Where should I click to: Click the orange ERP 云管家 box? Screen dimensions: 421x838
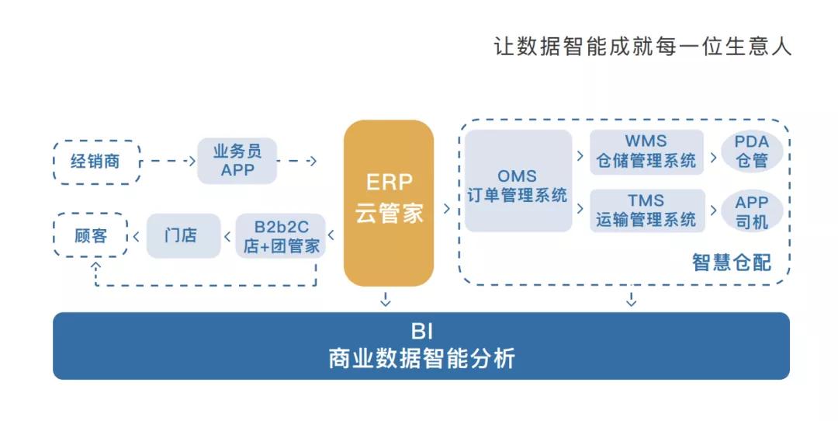click(x=388, y=203)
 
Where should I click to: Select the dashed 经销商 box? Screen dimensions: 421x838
click(x=97, y=162)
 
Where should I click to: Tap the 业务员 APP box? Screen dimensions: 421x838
click(x=237, y=161)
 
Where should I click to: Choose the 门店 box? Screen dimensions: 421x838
click(x=180, y=235)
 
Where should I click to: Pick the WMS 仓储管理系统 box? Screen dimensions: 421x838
click(x=646, y=152)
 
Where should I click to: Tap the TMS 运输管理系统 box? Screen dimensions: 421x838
click(x=646, y=210)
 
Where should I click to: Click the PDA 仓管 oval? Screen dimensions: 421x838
click(x=751, y=151)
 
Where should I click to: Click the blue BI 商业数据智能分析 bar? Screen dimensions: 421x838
click(x=421, y=346)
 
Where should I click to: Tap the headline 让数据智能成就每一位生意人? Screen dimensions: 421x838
click(x=642, y=46)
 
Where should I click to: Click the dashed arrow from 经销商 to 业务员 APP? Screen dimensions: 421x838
click(x=169, y=162)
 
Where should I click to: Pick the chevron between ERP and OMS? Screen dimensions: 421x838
click(x=447, y=208)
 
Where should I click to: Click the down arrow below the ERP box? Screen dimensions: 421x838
click(x=386, y=299)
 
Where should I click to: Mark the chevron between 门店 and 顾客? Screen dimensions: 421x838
click(x=137, y=235)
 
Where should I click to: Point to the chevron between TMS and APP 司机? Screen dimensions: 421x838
click(x=713, y=210)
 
